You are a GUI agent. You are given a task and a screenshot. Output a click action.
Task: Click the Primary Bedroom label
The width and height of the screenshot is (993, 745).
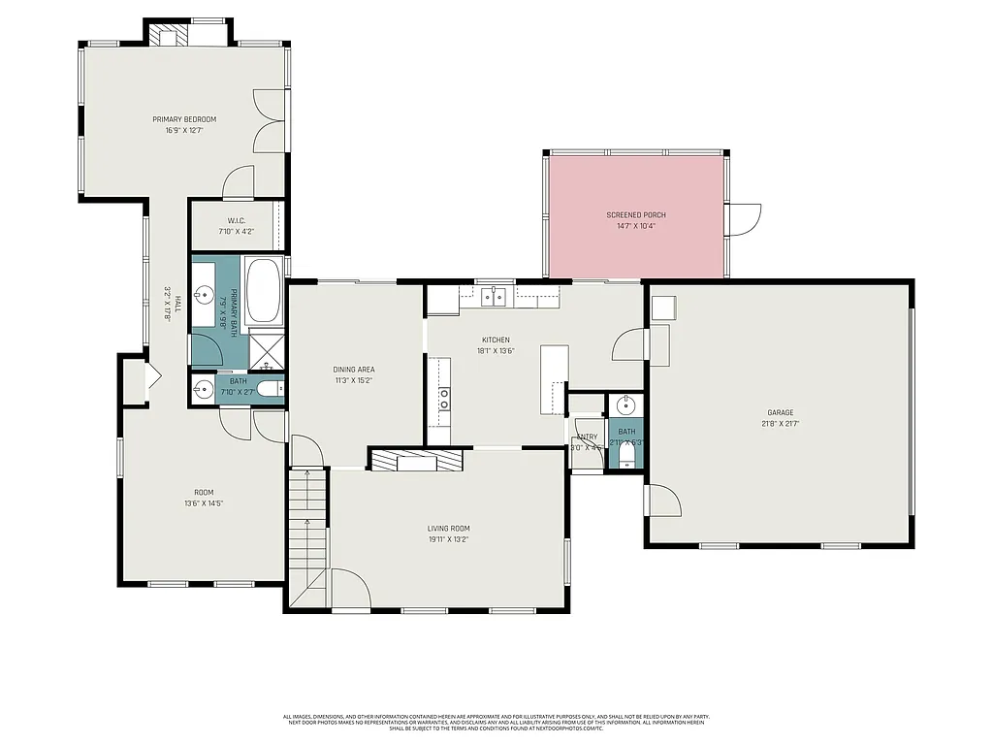tap(184, 119)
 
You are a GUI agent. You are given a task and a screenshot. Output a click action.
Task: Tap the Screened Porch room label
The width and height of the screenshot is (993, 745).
tap(636, 214)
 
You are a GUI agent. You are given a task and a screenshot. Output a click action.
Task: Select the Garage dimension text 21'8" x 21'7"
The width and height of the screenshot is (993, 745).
tap(780, 423)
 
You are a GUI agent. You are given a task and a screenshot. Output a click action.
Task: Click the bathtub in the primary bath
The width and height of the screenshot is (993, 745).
tap(263, 291)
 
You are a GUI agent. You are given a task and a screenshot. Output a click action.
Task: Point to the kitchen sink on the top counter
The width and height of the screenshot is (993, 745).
tap(496, 295)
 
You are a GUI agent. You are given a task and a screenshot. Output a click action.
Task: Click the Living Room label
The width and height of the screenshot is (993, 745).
tap(449, 529)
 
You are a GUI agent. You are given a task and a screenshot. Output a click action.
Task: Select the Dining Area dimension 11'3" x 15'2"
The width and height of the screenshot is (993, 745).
tap(353, 380)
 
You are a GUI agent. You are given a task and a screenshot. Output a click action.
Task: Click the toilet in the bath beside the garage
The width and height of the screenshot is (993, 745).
tap(626, 453)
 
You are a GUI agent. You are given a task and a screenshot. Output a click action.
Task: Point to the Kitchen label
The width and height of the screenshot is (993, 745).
tap(496, 340)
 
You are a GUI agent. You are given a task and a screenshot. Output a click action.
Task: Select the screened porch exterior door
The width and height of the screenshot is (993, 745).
tap(744, 219)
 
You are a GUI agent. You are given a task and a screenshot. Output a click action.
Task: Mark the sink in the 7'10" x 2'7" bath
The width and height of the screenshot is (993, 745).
tap(204, 390)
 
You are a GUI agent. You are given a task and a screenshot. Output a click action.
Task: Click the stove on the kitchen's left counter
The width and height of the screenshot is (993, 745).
tap(443, 398)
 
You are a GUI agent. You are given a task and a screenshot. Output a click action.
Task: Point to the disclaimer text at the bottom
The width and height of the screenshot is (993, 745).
tap(496, 722)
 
